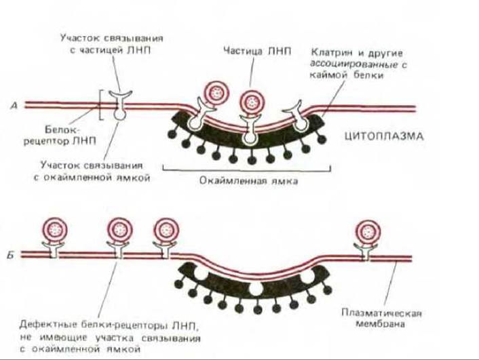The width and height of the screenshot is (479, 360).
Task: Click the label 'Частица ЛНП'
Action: pos(252,50)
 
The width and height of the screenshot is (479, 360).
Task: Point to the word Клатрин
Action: pos(329,52)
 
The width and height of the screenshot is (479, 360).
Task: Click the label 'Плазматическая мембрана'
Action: pos(383,319)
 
